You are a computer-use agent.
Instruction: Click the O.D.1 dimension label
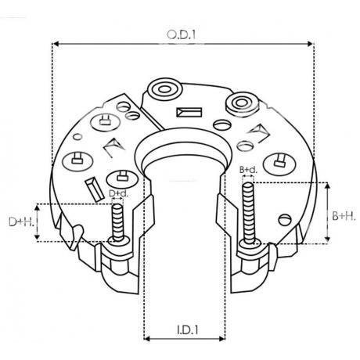click(182, 34)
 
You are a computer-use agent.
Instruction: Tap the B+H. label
click(344, 216)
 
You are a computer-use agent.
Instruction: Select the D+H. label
click(21, 221)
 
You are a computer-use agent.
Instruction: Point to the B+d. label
click(248, 170)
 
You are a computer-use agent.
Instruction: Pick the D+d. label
click(119, 193)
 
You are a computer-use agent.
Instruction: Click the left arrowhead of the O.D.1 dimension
click(55, 44)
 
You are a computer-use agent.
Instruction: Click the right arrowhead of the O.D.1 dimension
click(310, 44)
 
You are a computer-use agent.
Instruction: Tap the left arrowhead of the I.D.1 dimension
click(146, 339)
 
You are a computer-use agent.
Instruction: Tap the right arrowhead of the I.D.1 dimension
click(222, 339)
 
